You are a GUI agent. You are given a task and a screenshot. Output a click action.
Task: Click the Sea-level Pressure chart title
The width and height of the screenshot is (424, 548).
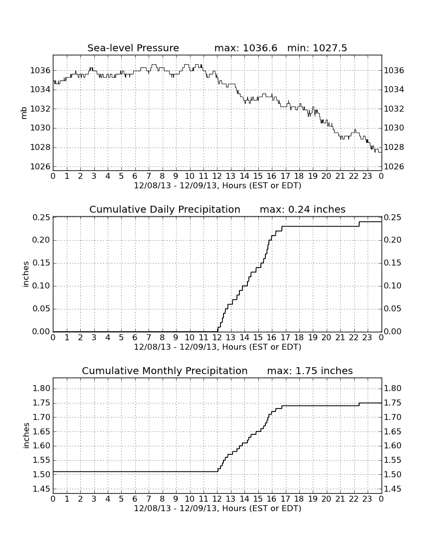point(133,48)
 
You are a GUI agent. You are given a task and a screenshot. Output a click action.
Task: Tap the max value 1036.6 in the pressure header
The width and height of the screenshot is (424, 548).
point(260,48)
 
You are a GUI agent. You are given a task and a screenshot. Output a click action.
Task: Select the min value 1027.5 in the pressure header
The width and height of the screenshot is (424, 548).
point(330,48)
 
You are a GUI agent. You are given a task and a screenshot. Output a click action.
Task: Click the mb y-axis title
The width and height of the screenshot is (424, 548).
point(24,113)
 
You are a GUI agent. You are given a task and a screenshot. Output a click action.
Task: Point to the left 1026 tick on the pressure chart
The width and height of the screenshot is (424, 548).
point(40,166)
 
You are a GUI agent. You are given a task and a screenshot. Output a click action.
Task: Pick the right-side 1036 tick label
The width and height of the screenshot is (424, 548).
point(394,71)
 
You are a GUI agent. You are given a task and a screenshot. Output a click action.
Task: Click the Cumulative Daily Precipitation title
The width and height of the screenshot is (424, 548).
point(165,209)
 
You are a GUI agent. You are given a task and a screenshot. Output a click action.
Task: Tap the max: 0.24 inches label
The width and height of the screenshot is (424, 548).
point(303,209)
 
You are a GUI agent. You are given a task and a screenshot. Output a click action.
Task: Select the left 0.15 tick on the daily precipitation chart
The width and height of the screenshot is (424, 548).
point(41,263)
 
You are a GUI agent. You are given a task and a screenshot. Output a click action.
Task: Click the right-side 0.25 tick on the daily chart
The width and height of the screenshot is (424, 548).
point(393,217)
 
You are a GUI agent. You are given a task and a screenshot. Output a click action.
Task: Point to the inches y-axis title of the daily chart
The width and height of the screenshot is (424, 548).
point(25,274)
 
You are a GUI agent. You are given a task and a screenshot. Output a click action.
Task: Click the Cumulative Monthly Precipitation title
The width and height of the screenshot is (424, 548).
point(165,371)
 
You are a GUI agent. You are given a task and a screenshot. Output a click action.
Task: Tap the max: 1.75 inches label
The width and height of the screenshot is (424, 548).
point(310,371)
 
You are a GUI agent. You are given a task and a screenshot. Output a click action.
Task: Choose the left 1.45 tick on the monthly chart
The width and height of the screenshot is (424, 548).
point(41,489)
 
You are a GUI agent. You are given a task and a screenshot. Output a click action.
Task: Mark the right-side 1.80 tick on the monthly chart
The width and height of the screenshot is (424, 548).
point(393,388)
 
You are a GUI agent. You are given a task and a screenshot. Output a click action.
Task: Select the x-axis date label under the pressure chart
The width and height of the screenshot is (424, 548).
point(217,186)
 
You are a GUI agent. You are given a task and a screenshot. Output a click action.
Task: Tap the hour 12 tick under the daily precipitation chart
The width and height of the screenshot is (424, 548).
point(217,338)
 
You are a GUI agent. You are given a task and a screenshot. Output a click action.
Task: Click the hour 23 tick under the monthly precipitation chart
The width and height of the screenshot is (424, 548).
point(367,499)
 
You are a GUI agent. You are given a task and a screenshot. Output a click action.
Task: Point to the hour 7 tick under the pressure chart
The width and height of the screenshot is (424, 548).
point(149,176)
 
